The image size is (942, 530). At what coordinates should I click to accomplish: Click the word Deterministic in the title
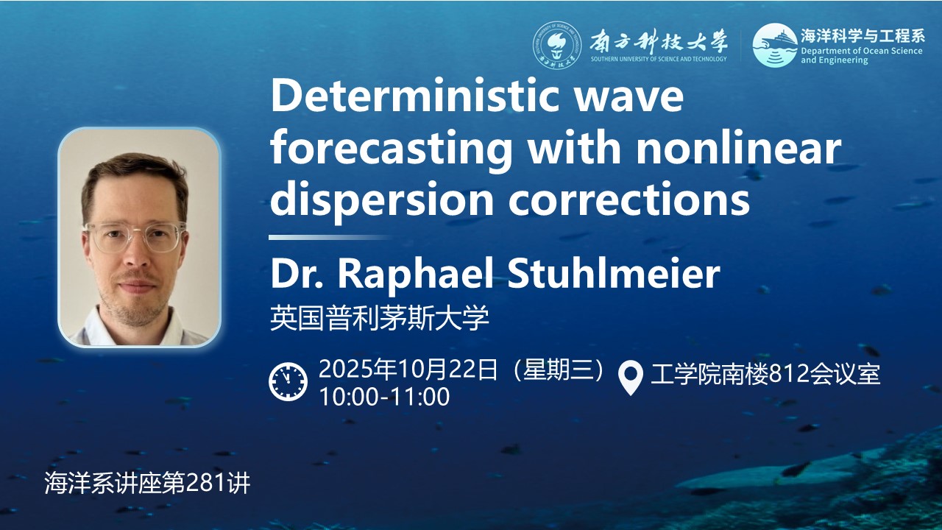click(x=415, y=96)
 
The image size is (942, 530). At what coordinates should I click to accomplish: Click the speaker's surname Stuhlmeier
click(x=614, y=273)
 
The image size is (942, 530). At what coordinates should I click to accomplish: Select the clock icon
click(x=288, y=381)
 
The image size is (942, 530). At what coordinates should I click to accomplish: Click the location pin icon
click(x=631, y=378)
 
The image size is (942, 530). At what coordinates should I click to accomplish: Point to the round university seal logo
click(x=557, y=45)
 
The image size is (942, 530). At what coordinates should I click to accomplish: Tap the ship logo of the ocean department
click(x=775, y=45)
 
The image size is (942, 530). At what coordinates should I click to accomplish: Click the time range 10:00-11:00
click(x=384, y=396)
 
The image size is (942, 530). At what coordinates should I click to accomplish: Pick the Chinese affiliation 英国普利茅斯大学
click(x=379, y=318)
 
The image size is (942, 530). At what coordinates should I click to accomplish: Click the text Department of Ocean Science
click(x=862, y=51)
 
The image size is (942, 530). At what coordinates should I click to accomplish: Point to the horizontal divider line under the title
click(x=330, y=238)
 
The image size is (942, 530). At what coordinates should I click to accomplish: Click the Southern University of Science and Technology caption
click(x=659, y=59)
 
